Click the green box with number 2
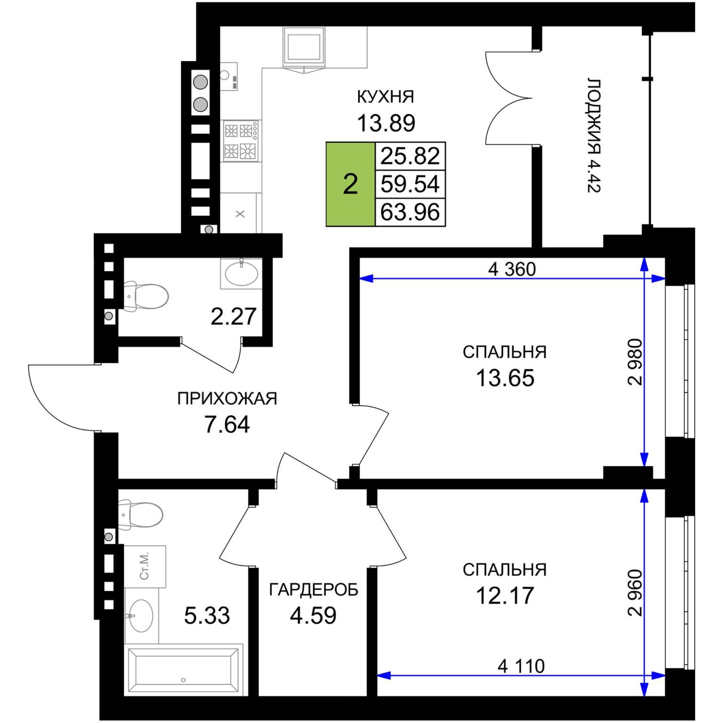[x=350, y=184]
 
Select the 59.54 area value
[x=410, y=184]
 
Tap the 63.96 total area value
[x=410, y=212]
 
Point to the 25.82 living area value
[x=410, y=156]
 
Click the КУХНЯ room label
[x=386, y=96]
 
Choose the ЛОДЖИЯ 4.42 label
[x=594, y=136]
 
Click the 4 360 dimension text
[x=512, y=269]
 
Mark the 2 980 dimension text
[x=635, y=362]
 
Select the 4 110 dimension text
[x=521, y=666]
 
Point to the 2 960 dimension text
[x=635, y=593]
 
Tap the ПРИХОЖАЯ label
[x=227, y=399]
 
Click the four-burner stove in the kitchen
[x=241, y=141]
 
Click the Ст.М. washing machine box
[x=145, y=566]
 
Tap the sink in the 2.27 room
[x=241, y=273]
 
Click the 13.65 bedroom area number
[x=505, y=378]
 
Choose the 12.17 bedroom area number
[x=505, y=595]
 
